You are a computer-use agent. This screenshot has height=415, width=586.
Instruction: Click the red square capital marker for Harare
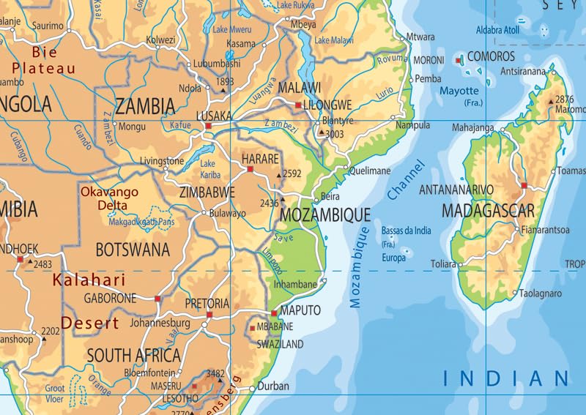[x=250, y=169]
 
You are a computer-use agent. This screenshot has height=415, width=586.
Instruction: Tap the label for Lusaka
[x=214, y=116]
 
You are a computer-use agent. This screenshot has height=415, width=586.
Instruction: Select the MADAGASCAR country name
[x=488, y=211]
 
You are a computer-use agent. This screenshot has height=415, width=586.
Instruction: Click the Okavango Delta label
[x=109, y=199]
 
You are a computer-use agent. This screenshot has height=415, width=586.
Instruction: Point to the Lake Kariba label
[x=208, y=168]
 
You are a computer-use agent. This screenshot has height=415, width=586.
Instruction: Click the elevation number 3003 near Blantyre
[x=334, y=134]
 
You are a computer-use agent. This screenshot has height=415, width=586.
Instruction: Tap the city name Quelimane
[x=370, y=171]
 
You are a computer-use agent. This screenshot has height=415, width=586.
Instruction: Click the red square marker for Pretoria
[x=209, y=315]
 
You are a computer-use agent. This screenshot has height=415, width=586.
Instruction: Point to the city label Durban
[x=274, y=386]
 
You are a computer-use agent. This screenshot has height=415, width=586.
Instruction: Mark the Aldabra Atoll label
[x=498, y=31]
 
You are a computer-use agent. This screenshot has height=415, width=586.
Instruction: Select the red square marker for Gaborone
[x=157, y=299]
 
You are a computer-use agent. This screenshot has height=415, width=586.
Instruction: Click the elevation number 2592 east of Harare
[x=292, y=174]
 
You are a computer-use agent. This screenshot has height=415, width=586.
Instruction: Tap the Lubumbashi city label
[x=217, y=64]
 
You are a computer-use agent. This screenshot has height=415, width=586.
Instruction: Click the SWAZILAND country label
[x=280, y=343]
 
